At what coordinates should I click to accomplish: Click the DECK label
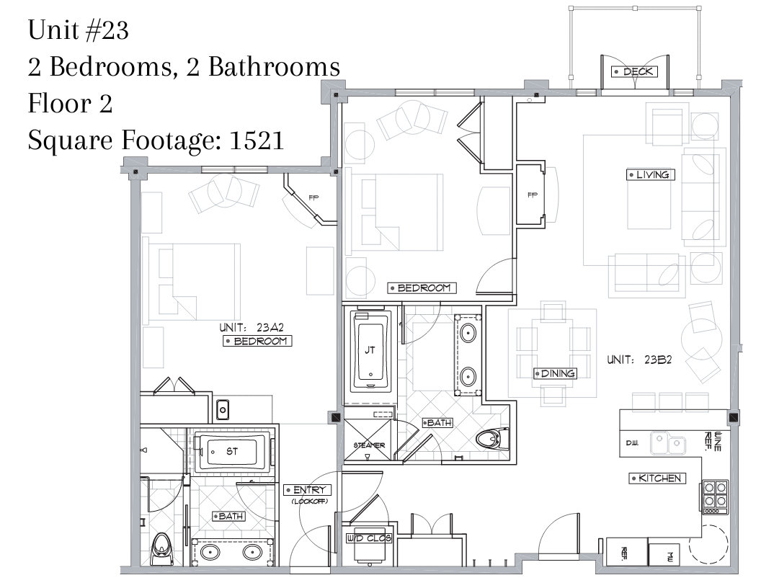point(634,72)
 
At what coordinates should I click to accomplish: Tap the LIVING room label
point(650,174)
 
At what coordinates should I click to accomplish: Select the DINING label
point(555,373)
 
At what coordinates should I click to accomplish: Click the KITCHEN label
point(658,478)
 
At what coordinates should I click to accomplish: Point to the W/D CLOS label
point(369,538)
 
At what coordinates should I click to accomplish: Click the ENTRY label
point(307,491)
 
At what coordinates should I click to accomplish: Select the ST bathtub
point(231,452)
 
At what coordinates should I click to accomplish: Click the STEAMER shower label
point(369,445)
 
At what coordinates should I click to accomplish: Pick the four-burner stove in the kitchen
point(714,497)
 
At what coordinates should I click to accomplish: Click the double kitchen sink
point(668,443)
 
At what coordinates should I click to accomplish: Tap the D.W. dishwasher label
point(631,443)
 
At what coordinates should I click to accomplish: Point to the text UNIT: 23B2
point(639,360)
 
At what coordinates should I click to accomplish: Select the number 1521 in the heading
point(257,141)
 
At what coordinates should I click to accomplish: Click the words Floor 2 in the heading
point(71,103)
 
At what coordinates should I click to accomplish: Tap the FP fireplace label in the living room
point(533,195)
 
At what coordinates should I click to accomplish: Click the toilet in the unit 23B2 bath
point(492,440)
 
